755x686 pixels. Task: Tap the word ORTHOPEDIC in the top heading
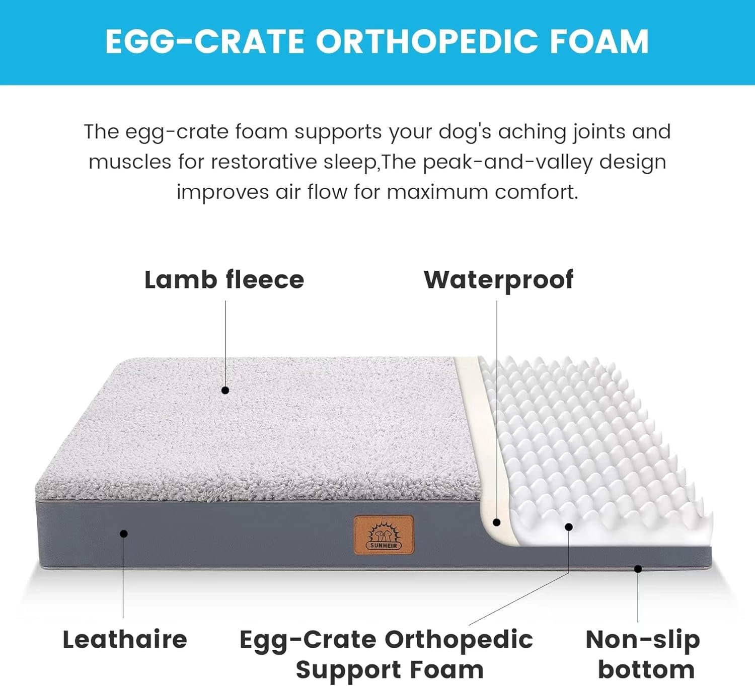[x=427, y=41]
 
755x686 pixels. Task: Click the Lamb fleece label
[x=224, y=280]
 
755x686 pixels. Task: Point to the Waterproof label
[x=498, y=280]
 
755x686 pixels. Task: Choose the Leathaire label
[x=125, y=640]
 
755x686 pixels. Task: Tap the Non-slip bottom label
[x=643, y=654]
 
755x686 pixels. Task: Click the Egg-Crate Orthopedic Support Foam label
[x=387, y=654]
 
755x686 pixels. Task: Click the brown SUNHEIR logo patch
[x=384, y=535]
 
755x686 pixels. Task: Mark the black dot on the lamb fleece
[x=225, y=390]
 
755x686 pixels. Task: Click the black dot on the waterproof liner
[x=497, y=522]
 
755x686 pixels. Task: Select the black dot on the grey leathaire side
[x=124, y=533]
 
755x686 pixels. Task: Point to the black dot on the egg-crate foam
[x=569, y=527]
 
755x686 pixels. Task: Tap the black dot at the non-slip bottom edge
[x=638, y=569]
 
